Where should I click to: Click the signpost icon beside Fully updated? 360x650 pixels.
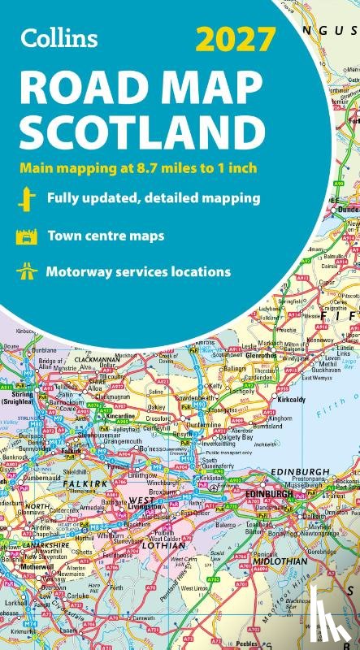[x=24, y=197]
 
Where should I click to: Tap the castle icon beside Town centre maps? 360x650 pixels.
[x=24, y=236]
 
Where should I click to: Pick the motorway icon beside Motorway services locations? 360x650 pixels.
[x=24, y=273]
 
